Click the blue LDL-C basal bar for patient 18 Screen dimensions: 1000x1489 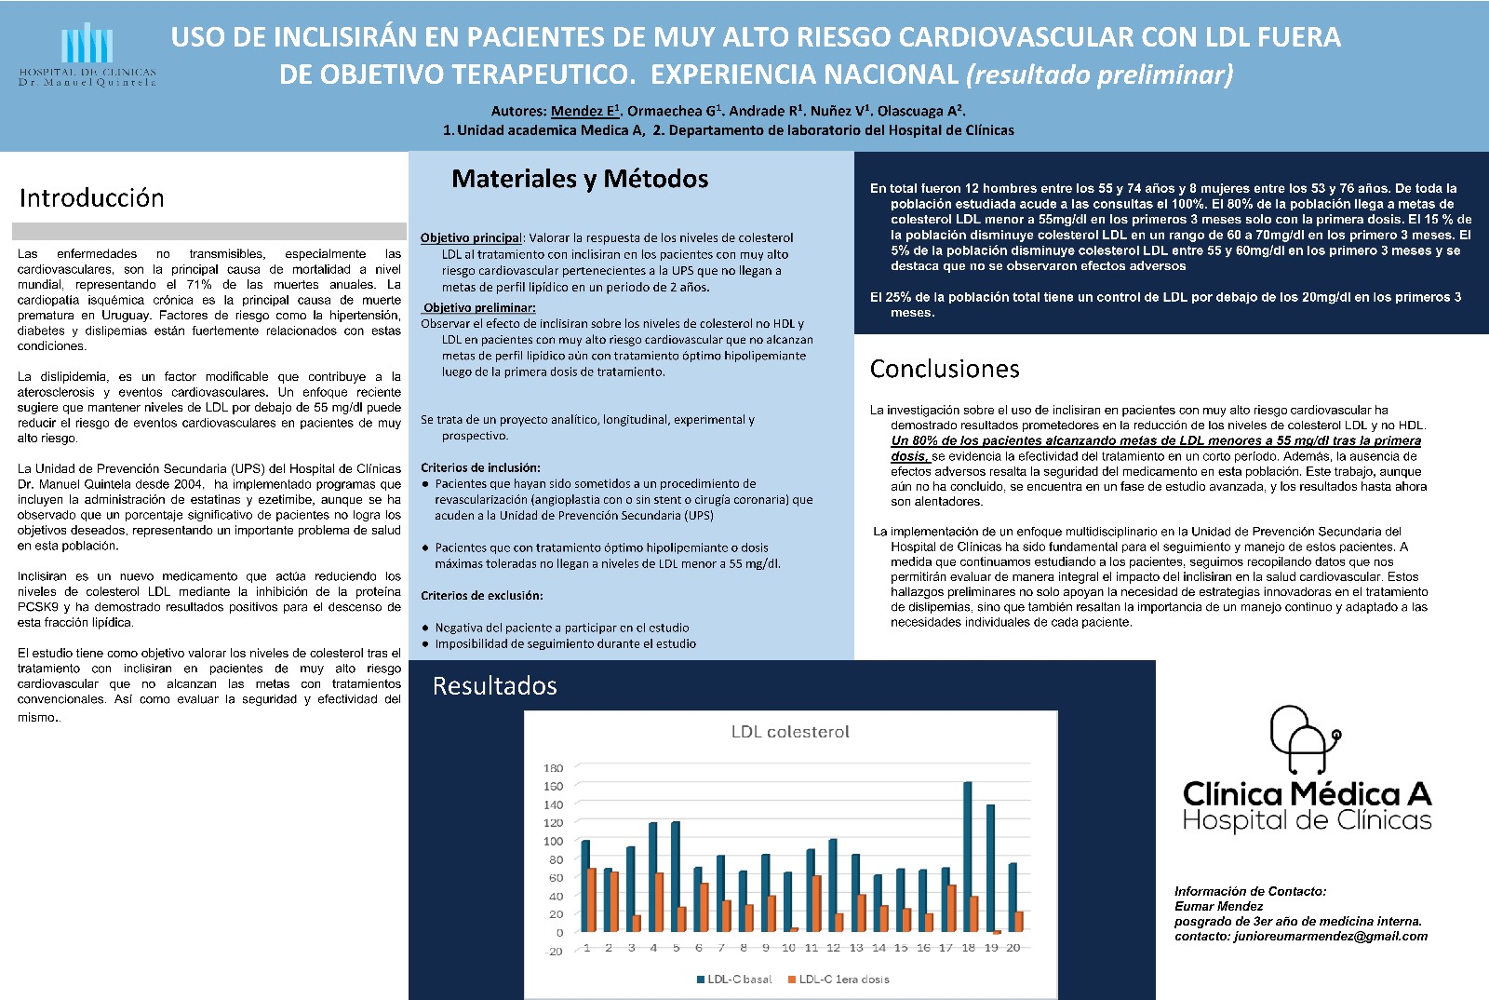coord(968,857)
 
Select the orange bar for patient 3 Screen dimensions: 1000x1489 coord(637,923)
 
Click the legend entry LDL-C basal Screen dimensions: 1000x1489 coord(735,979)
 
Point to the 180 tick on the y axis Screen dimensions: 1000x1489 coord(554,768)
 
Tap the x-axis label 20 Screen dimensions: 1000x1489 coord(1013,948)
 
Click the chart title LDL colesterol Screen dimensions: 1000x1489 coord(790,732)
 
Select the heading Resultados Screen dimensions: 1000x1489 coord(495,686)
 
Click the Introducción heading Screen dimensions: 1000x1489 coord(91,198)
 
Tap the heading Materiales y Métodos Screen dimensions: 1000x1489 coord(580,179)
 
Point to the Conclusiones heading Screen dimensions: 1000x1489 coord(945,370)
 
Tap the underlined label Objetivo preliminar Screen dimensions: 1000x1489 coord(479,308)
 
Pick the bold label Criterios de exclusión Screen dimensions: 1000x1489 coord(482,596)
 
